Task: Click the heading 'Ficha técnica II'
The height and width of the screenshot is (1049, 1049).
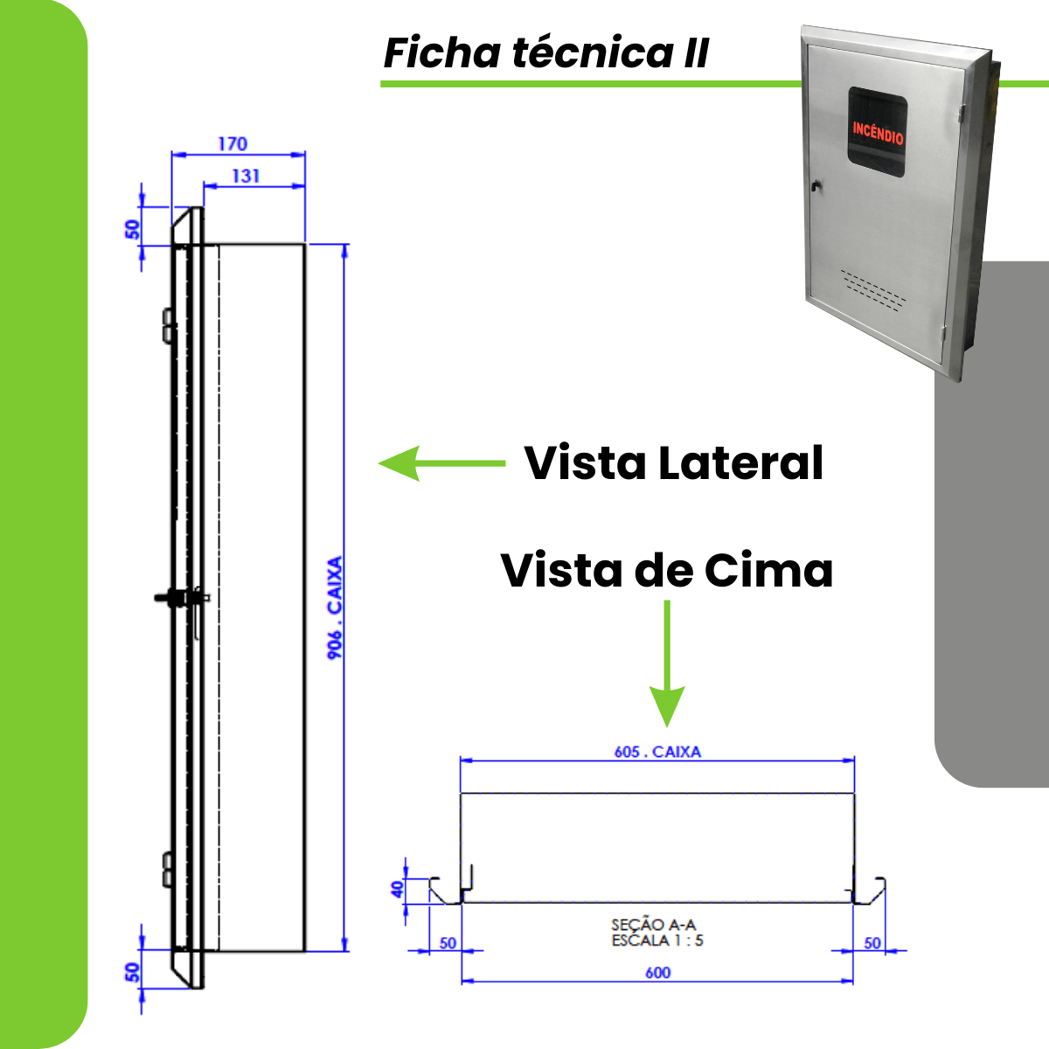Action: (545, 53)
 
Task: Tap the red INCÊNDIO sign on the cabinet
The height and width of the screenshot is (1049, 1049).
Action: (878, 132)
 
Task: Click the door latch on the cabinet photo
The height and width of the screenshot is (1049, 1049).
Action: (815, 186)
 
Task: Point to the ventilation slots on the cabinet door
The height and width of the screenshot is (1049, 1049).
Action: (874, 289)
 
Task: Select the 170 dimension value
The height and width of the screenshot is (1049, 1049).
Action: (233, 143)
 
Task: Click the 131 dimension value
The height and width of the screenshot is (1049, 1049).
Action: (246, 176)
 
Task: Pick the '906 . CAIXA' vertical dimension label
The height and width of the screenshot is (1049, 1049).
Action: (335, 608)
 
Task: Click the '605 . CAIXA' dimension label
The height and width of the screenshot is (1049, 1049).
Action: (656, 751)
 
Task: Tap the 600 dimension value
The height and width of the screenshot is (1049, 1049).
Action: (657, 972)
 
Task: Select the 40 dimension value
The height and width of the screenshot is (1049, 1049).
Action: (398, 889)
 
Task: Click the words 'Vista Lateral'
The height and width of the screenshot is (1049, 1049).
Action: (673, 462)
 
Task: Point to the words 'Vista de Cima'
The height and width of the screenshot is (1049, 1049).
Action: (666, 571)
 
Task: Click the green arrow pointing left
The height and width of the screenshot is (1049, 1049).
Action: (441, 463)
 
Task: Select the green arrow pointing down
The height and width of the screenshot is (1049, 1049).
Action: (667, 664)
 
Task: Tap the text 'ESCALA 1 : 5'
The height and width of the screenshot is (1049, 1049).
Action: (657, 941)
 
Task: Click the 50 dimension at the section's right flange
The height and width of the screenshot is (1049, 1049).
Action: (872, 943)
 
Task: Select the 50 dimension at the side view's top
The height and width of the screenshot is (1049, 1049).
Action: (132, 229)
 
